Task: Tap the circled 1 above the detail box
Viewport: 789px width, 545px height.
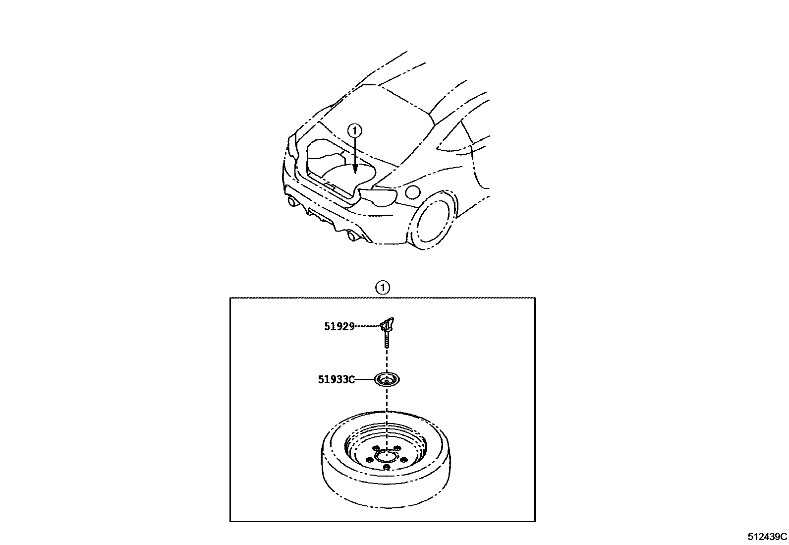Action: pyautogui.click(x=383, y=287)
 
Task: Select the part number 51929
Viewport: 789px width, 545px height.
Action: pyautogui.click(x=339, y=326)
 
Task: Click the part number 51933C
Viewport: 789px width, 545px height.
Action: pyautogui.click(x=337, y=380)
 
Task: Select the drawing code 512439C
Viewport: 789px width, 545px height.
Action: pyautogui.click(x=767, y=537)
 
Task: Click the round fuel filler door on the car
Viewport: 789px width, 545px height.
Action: pyautogui.click(x=412, y=191)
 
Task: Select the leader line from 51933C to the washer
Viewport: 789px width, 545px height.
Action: pyautogui.click(x=364, y=380)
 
